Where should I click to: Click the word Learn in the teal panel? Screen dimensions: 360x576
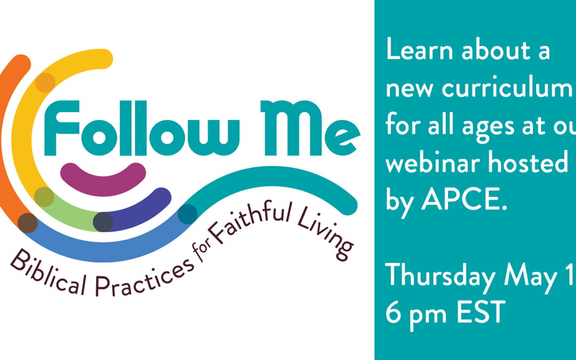coord(419,51)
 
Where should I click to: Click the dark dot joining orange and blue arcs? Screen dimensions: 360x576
coord(28,223)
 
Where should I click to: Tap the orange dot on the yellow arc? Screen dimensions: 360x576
coord(45,83)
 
